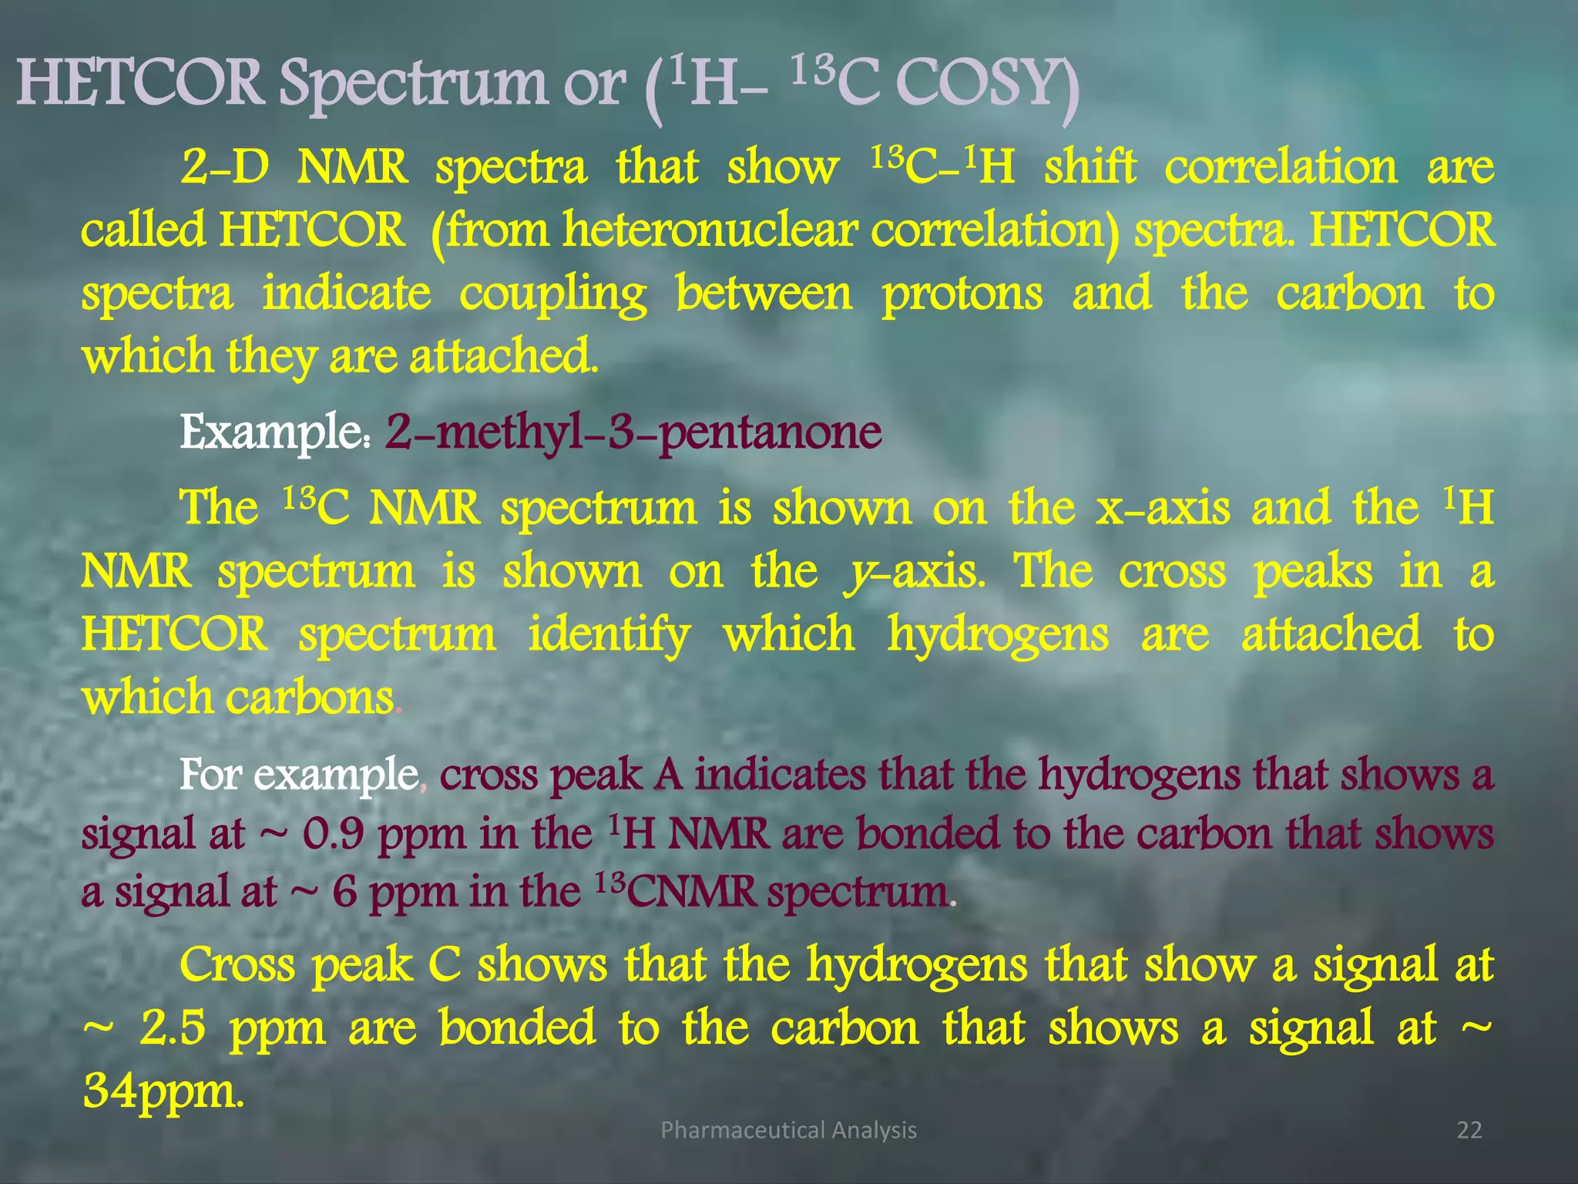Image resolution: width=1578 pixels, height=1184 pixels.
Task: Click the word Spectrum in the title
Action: [412, 85]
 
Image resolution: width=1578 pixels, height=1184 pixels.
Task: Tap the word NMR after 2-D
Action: [352, 167]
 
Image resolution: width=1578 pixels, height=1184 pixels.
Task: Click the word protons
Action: [962, 294]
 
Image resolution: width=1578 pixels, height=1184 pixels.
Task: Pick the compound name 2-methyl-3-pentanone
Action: [633, 432]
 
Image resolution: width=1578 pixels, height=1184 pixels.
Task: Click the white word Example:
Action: [276, 432]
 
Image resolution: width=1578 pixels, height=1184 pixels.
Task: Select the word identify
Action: [609, 636]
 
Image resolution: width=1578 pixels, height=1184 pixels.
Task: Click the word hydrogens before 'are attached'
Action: [998, 636]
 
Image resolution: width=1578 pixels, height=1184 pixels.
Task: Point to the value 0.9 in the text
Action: [333, 834]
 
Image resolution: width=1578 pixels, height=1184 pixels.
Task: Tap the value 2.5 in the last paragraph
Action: [173, 1028]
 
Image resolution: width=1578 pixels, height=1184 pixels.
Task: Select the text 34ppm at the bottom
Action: [163, 1091]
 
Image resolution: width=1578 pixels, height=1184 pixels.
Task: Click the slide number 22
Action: [1469, 1130]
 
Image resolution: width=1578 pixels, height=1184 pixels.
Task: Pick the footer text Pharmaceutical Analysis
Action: [788, 1130]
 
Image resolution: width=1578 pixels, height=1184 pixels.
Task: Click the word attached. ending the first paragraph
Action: [503, 356]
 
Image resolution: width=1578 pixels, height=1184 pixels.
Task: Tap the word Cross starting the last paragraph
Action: [237, 964]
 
